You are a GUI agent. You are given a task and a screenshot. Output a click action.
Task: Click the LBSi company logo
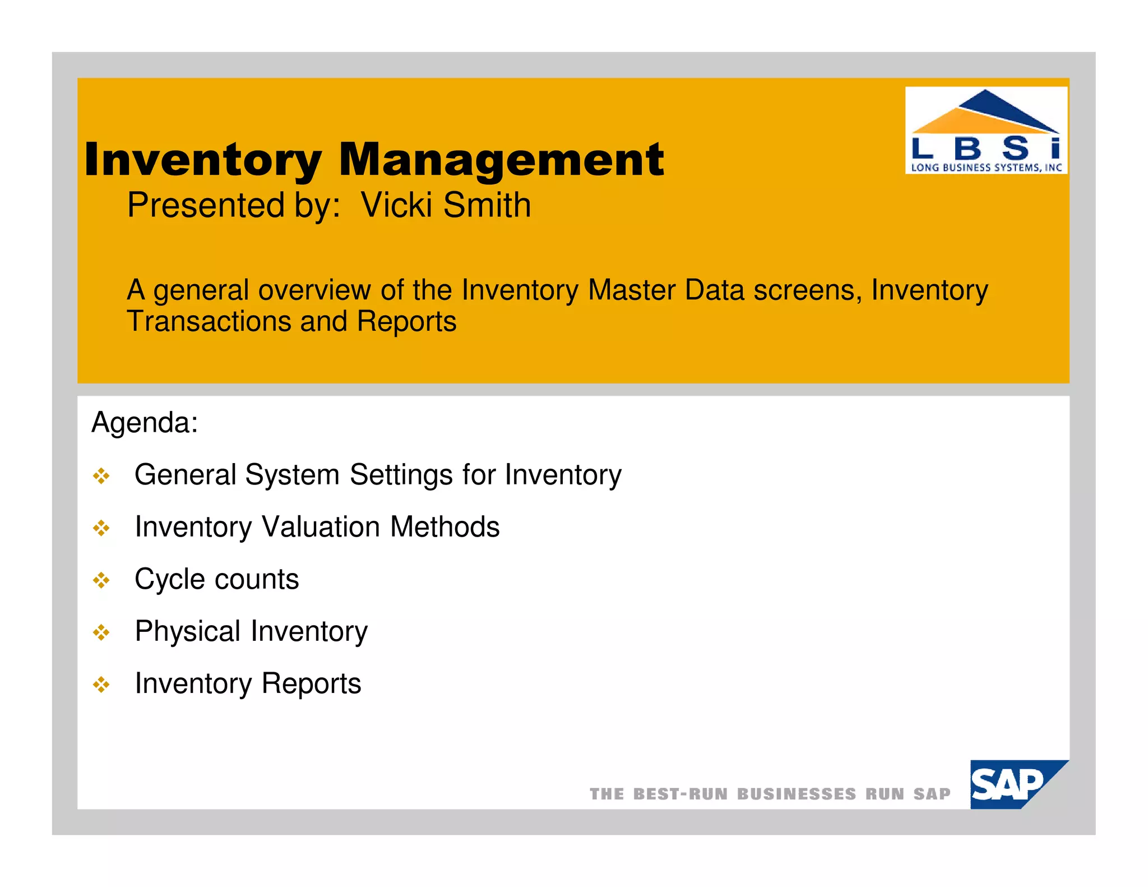click(x=985, y=130)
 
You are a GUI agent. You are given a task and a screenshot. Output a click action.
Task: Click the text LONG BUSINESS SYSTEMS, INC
click(x=985, y=167)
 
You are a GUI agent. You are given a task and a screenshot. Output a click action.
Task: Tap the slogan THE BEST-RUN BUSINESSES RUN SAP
click(x=770, y=794)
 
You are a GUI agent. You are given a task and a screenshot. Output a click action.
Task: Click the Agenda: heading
click(x=145, y=422)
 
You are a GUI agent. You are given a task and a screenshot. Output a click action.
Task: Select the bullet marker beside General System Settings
click(x=101, y=476)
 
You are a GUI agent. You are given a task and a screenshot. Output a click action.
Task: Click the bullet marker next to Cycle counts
click(x=101, y=580)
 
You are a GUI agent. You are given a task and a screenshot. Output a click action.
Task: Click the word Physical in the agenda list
click(x=188, y=631)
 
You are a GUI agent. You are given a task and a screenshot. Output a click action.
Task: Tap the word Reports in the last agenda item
click(x=311, y=683)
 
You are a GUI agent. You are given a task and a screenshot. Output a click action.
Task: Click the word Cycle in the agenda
click(x=170, y=579)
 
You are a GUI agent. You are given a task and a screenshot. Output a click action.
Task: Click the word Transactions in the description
click(x=209, y=322)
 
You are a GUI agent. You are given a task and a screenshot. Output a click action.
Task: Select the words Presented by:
click(x=234, y=205)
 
